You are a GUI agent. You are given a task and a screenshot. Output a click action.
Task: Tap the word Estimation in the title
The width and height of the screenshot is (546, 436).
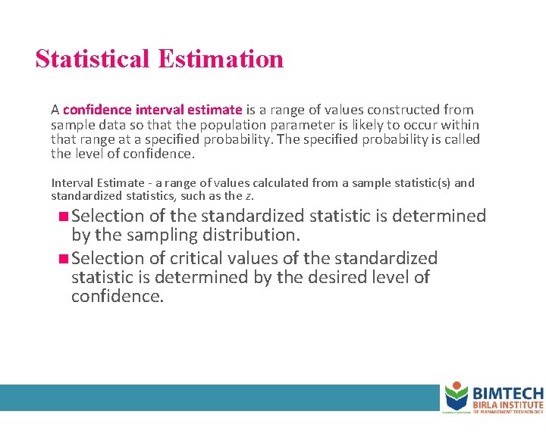coord(221,58)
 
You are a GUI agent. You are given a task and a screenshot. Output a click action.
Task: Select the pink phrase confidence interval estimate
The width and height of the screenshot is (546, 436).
coord(152,110)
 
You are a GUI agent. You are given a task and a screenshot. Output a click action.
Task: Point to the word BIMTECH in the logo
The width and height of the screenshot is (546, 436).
coord(508,393)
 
